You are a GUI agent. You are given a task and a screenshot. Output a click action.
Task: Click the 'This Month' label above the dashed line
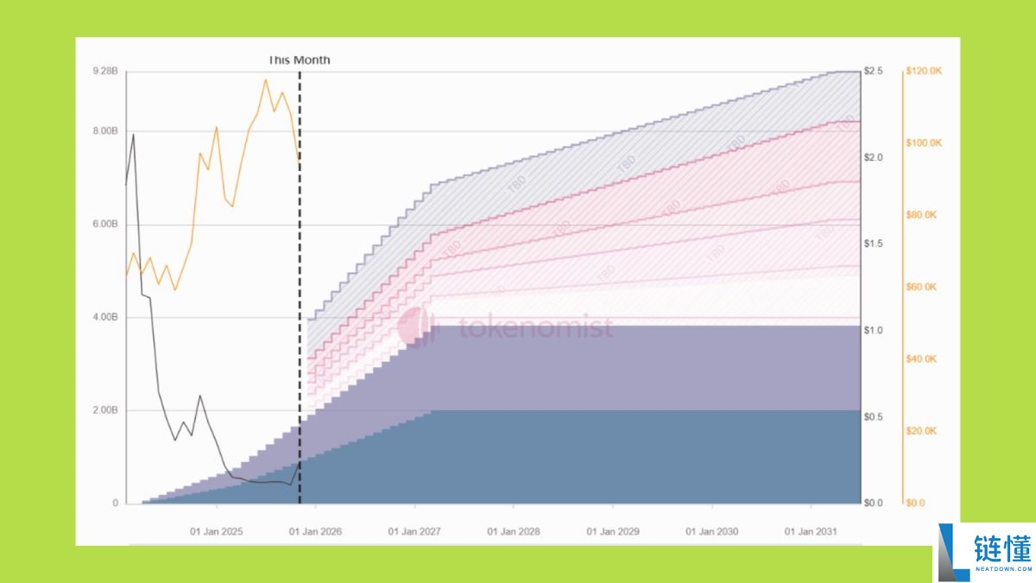299,60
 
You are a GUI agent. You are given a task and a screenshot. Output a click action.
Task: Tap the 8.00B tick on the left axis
104,131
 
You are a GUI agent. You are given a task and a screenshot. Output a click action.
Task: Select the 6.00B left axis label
104,225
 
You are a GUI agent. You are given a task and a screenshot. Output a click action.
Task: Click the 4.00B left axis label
104,318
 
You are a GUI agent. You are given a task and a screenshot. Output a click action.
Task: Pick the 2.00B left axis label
104,410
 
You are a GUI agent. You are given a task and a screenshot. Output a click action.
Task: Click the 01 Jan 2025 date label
217,531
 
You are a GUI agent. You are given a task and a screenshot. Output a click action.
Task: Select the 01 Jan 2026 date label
316,531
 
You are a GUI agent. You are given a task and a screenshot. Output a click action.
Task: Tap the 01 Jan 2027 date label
414,531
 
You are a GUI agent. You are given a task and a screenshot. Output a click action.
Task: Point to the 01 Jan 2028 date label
514,531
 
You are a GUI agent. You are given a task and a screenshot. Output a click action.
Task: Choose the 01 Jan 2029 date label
613,531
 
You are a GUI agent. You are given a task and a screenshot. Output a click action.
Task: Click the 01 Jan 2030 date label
712,531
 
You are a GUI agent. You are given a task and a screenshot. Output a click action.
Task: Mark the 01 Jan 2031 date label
811,531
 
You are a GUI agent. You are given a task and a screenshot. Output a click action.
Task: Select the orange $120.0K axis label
922,71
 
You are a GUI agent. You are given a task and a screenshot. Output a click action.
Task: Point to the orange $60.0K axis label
920,287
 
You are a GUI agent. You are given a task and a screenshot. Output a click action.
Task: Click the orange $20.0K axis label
920,431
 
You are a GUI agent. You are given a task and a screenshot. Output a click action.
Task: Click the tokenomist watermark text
535,328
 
